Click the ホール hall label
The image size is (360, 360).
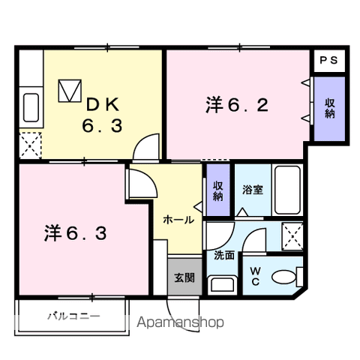[179, 220]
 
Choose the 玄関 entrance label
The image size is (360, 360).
[185, 277]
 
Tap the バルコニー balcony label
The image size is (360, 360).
[76, 316]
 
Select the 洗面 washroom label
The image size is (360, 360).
[224, 255]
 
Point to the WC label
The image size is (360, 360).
[255, 276]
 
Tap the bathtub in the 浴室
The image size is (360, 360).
[288, 190]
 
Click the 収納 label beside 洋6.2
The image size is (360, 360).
[330, 108]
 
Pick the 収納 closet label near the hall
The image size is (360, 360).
[217, 190]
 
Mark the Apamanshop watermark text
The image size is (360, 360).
[183, 323]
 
